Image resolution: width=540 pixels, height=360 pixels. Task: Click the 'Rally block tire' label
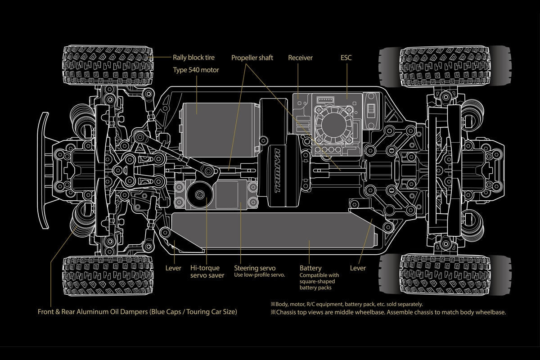pos(194,58)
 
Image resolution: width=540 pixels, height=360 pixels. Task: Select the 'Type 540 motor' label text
pos(196,70)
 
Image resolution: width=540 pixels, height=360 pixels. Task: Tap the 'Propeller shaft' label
pos(252,58)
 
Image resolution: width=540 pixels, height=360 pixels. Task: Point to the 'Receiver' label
pos(300,58)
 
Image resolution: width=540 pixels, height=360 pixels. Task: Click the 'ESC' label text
pos(346,58)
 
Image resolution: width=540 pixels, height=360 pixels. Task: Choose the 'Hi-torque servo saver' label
pos(207,272)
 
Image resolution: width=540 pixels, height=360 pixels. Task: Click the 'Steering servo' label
pos(254,268)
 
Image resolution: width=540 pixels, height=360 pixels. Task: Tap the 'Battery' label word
pos(310,268)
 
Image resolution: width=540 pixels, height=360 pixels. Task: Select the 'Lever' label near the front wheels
pos(173,268)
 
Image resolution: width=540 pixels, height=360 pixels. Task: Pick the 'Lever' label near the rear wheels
pos(358,268)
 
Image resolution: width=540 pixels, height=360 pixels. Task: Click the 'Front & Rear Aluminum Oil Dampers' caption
pos(137,311)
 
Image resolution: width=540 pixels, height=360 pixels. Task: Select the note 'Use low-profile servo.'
pos(260,275)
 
